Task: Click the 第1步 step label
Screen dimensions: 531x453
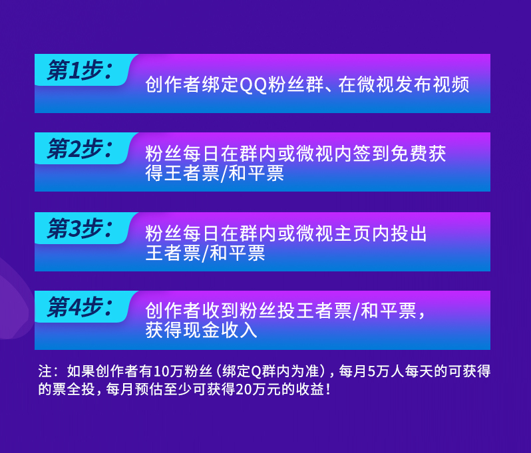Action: coord(80,70)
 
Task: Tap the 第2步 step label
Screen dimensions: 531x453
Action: coord(80,148)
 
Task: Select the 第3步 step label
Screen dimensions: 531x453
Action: coord(80,229)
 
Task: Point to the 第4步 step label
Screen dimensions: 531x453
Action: coord(80,307)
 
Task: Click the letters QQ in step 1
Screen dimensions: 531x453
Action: coord(254,84)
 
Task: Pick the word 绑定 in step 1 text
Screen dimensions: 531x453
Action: coord(220,84)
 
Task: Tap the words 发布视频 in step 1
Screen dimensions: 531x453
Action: coord(432,84)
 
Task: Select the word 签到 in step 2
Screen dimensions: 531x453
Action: coord(371,154)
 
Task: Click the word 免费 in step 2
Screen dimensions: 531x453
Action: coord(409,154)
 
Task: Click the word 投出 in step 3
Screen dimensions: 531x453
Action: coord(409,233)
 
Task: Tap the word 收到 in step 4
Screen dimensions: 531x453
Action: coord(220,311)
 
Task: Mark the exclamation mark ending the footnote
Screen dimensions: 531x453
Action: coord(327,389)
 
